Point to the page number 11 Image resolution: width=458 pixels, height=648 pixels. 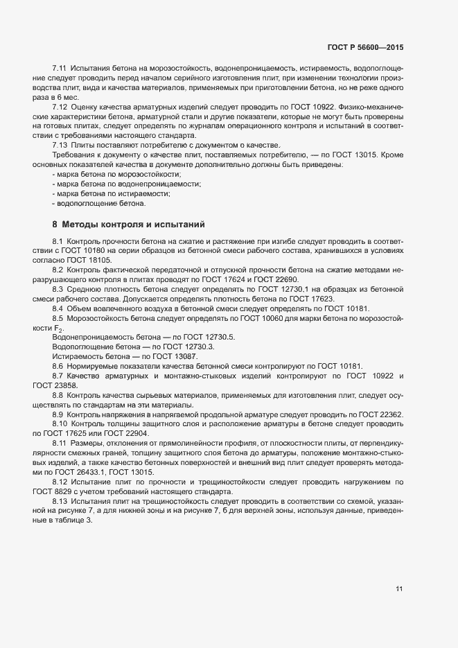399,589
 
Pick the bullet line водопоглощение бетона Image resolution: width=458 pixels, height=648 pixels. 98,204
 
